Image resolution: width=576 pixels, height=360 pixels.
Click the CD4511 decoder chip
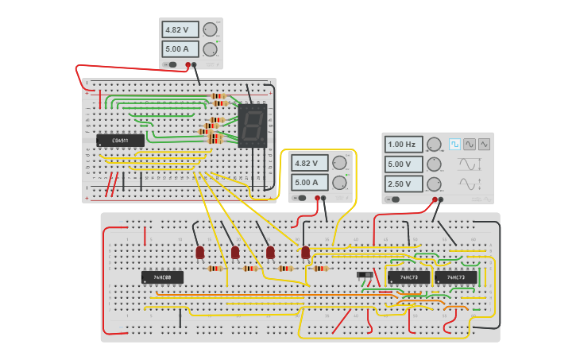tap(120, 141)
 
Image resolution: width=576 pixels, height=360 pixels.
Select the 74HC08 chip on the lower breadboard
tap(162, 277)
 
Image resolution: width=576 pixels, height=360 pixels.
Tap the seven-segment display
tap(252, 125)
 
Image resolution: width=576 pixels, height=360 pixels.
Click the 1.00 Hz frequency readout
tap(404, 145)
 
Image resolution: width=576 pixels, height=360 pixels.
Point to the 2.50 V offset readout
tap(404, 184)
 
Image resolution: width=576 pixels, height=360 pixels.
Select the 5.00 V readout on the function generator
tap(404, 165)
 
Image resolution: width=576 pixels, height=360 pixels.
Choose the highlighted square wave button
tap(454, 144)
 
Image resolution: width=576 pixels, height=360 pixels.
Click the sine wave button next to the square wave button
tap(470, 144)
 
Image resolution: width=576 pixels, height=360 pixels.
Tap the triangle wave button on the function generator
tap(484, 144)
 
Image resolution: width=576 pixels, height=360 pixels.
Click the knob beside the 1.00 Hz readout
tap(434, 145)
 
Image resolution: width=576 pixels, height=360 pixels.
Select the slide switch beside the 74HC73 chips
tap(365, 275)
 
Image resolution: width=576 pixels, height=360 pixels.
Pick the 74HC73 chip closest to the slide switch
tap(408, 277)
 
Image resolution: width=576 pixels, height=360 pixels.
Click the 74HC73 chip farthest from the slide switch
tap(456, 277)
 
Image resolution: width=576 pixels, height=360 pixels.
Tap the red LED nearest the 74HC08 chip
tap(200, 252)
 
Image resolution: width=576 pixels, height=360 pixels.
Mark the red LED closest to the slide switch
tap(306, 252)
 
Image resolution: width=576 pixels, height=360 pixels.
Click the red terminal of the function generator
tap(435, 199)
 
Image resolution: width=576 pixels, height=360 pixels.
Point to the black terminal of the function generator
tap(441, 199)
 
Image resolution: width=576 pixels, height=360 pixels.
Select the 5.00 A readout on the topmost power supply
tap(180, 49)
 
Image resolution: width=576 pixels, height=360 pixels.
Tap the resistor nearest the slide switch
tap(320, 269)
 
